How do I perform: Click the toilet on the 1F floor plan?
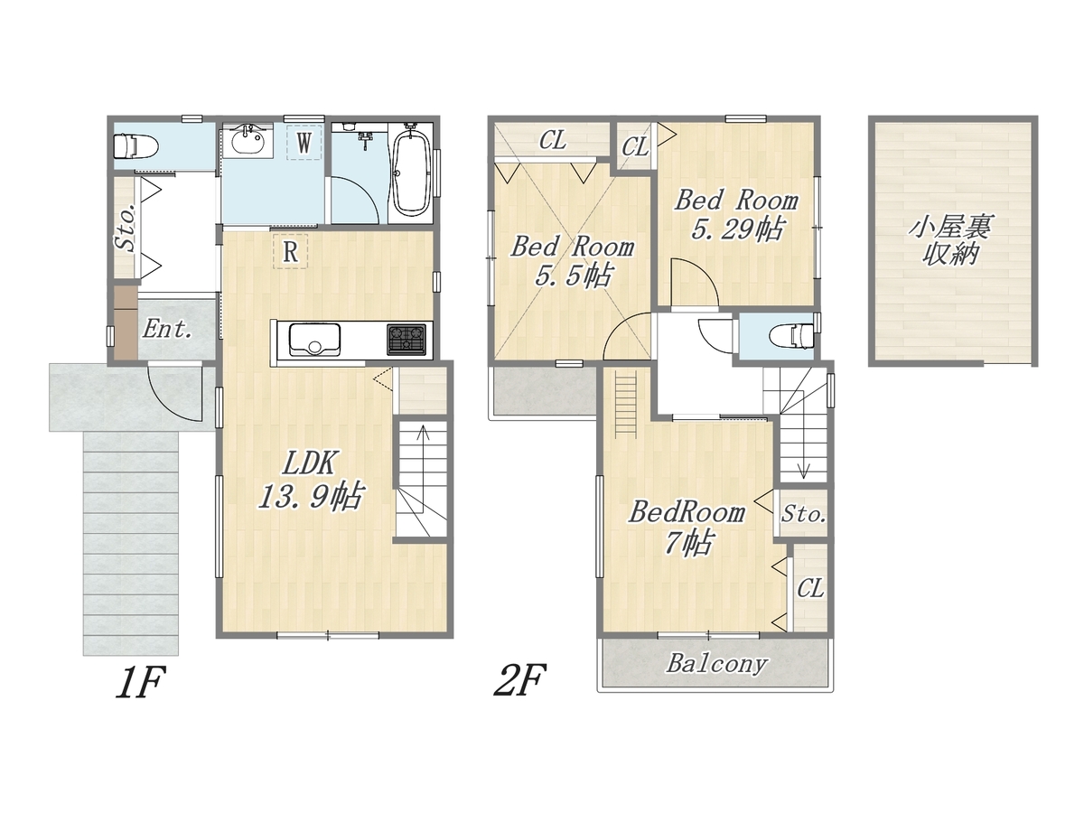[x=135, y=146]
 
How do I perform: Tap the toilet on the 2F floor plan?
[x=791, y=336]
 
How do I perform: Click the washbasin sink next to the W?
[x=247, y=141]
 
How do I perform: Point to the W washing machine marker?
[x=304, y=143]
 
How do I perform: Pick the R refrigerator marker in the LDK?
[x=291, y=252]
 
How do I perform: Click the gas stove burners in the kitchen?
[x=406, y=339]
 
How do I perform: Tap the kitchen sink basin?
[x=314, y=339]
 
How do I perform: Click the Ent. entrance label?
[x=167, y=329]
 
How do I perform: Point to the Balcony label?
[x=716, y=664]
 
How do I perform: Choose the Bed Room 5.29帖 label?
[x=736, y=214]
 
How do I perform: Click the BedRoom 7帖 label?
[x=687, y=527]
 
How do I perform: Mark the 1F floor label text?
[x=140, y=682]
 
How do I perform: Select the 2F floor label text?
[x=520, y=680]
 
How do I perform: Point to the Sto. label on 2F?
[x=803, y=514]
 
